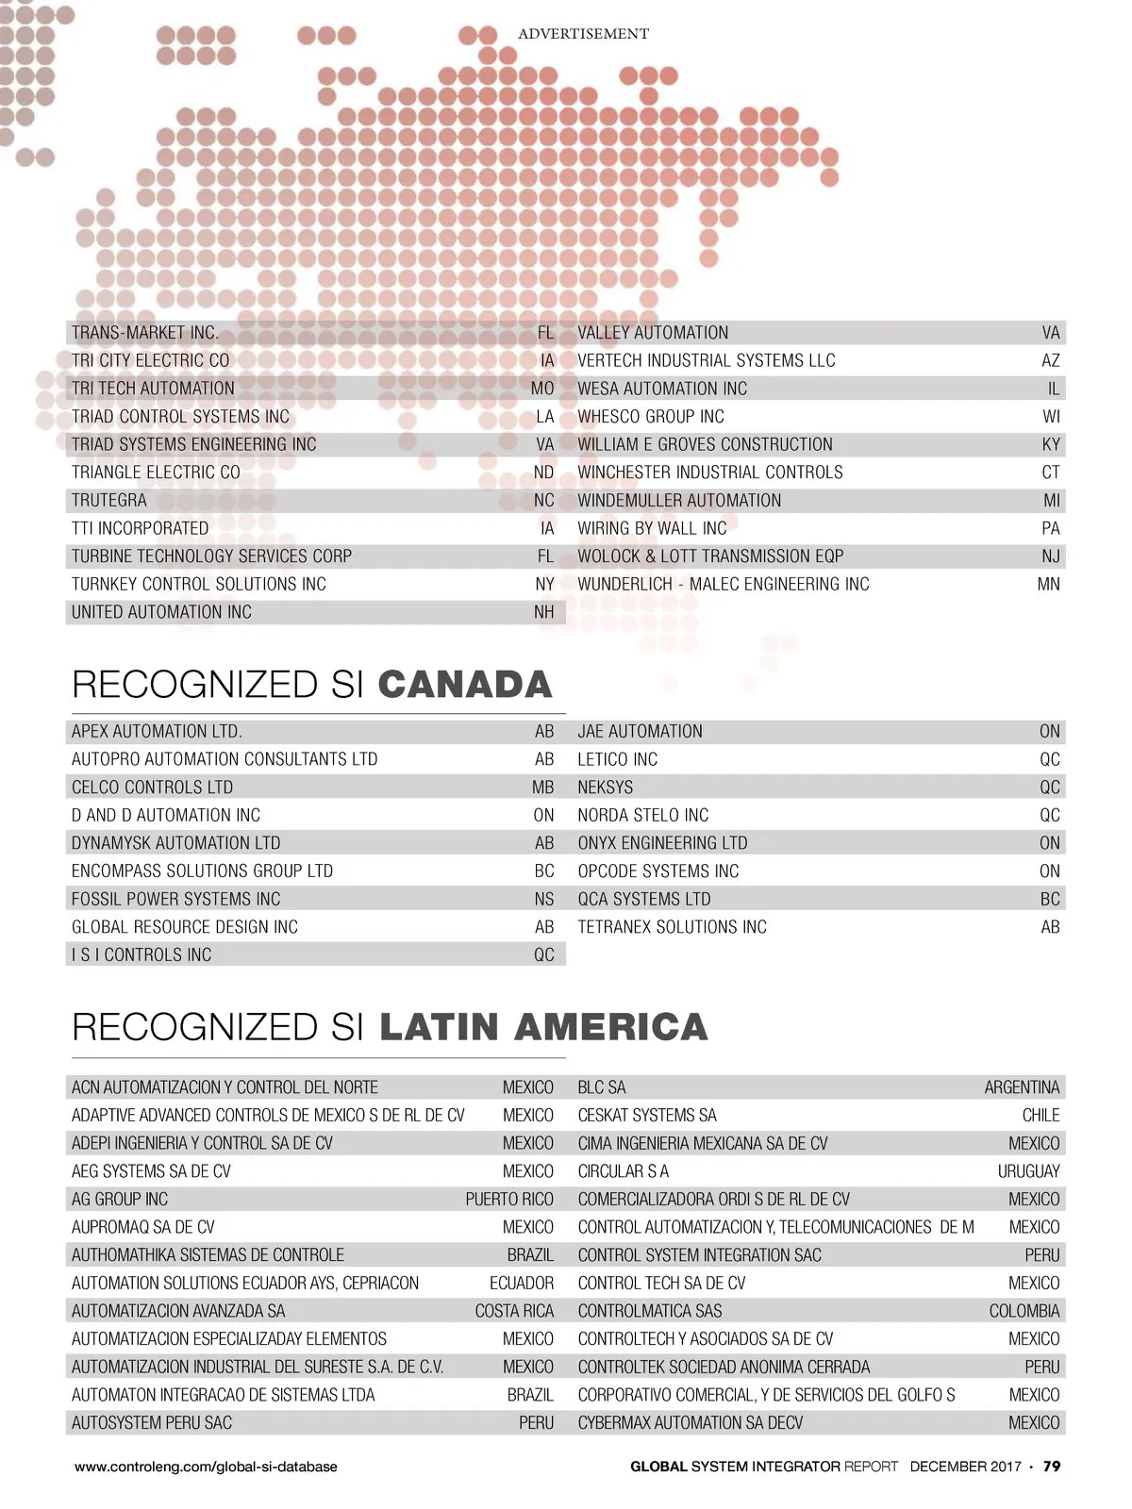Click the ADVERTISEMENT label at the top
pyautogui.click(x=583, y=34)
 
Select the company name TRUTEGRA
pyautogui.click(x=109, y=501)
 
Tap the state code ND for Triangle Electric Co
pyautogui.click(x=543, y=473)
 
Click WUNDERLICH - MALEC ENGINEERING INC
pyautogui.click(x=724, y=585)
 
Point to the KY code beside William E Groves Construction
pyautogui.click(x=1051, y=444)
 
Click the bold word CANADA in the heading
pyautogui.click(x=465, y=685)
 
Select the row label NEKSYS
pyautogui.click(x=606, y=788)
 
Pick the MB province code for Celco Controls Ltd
pyautogui.click(x=543, y=788)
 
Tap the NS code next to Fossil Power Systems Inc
pyautogui.click(x=544, y=899)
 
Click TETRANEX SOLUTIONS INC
pyautogui.click(x=673, y=927)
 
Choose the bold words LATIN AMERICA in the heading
pyautogui.click(x=543, y=1027)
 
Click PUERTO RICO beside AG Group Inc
pyautogui.click(x=509, y=1200)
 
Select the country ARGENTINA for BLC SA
pyautogui.click(x=1022, y=1087)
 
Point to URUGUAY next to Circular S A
pyautogui.click(x=1028, y=1171)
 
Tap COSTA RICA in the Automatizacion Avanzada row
pyautogui.click(x=514, y=1311)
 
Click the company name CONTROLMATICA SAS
pyautogui.click(x=650, y=1311)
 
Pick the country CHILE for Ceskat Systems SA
pyautogui.click(x=1040, y=1116)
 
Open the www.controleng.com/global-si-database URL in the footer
pyautogui.click(x=206, y=1467)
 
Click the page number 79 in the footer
pyautogui.click(x=1052, y=1467)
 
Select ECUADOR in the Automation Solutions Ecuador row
pyautogui.click(x=522, y=1284)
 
